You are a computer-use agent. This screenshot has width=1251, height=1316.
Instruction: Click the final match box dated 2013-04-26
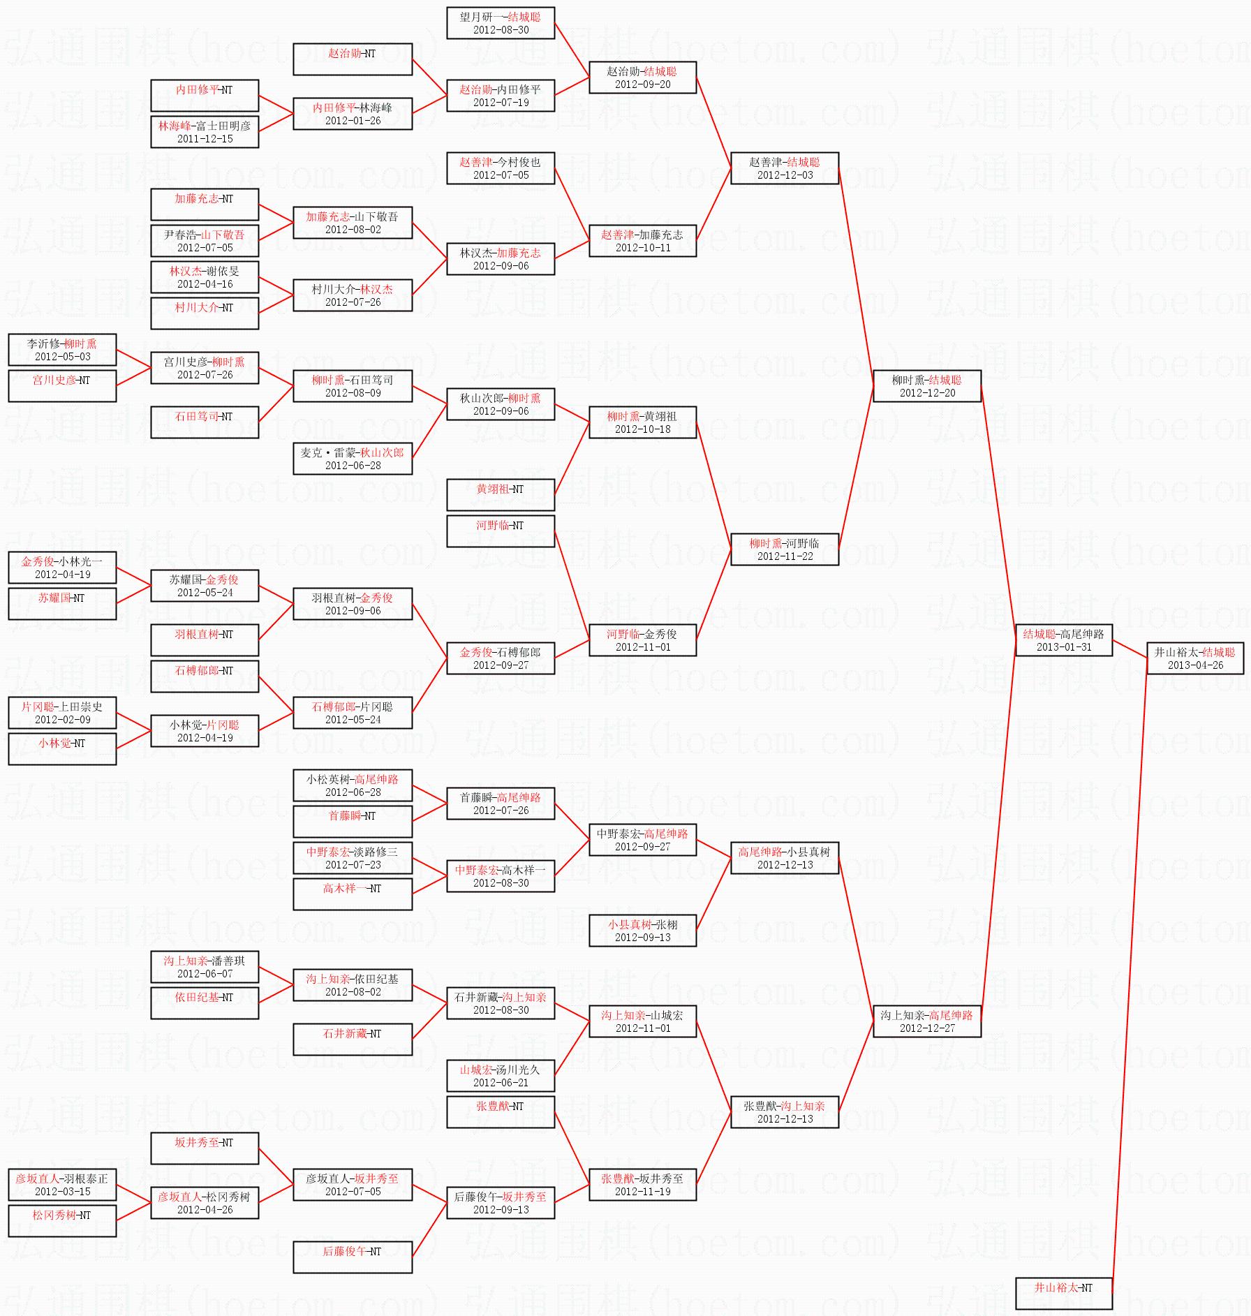[x=1194, y=658]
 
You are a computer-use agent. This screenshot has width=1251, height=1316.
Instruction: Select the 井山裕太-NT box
[x=1063, y=1292]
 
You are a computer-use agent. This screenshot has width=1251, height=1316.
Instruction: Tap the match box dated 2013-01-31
[x=1063, y=640]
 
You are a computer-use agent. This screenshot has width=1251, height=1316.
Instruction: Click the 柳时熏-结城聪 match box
[x=926, y=386]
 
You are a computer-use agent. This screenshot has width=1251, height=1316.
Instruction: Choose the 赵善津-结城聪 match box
[x=784, y=168]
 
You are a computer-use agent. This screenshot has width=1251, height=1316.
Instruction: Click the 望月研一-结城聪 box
[x=500, y=23]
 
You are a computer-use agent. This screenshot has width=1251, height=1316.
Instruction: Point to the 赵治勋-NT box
[x=353, y=59]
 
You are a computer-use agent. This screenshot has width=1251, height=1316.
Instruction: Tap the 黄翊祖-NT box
[x=500, y=494]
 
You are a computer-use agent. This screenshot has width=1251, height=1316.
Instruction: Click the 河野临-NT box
[x=500, y=531]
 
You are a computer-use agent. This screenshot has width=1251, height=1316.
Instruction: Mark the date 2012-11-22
[x=785, y=556]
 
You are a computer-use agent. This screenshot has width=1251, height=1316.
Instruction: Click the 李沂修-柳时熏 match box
[x=62, y=350]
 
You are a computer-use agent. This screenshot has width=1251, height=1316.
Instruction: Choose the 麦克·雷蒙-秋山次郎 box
[x=353, y=459]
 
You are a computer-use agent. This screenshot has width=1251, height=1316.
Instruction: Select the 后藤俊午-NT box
[x=353, y=1256]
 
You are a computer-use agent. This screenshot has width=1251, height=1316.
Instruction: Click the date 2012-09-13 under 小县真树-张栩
[x=642, y=938]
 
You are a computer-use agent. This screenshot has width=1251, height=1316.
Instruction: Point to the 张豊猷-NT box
[x=500, y=1111]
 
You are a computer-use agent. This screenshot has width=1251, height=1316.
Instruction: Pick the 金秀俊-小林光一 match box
[x=62, y=568]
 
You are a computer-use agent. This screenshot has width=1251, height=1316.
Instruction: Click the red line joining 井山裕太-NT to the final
[x=1129, y=977]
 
